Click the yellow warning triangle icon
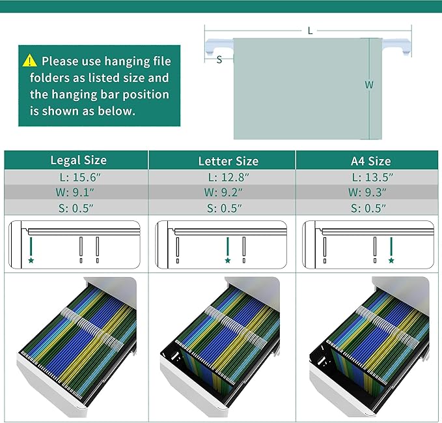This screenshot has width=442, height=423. tap(29, 61)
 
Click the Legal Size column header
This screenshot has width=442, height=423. tap(79, 160)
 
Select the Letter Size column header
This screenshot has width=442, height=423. tap(228, 161)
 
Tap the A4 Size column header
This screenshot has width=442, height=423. tap(370, 161)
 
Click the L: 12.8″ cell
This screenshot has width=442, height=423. tap(228, 177)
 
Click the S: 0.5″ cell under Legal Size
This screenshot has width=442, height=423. tap(76, 209)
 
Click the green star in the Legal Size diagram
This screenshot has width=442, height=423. tap(31, 261)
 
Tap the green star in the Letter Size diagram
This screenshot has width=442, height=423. tap(228, 261)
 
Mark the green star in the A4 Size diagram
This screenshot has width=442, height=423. tap(391, 261)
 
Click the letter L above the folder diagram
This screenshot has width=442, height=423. tap(311, 31)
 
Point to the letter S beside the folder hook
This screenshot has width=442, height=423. tap(219, 59)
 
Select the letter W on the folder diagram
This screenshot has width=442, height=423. tap(369, 85)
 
